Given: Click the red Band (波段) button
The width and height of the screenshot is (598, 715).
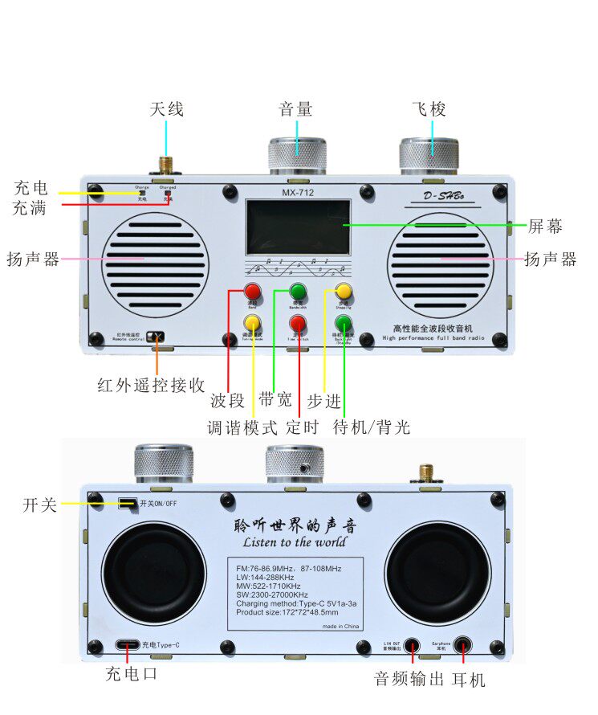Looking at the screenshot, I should coord(253,291).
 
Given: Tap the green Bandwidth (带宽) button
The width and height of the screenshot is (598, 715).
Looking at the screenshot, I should coord(298,291).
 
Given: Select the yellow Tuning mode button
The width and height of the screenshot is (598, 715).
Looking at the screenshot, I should coord(253,324).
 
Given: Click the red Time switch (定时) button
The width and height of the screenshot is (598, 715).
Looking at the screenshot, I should coord(298,324).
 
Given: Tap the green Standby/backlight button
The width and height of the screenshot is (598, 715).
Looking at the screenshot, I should coord(344,324).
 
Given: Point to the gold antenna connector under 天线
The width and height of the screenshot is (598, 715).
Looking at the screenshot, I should coord(167,166).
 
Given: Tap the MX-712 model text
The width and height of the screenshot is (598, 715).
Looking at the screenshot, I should coord(298,193).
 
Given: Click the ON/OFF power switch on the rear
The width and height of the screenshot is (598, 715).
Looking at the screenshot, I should coord(126,504).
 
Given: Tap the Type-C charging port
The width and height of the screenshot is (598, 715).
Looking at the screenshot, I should coord(126,644).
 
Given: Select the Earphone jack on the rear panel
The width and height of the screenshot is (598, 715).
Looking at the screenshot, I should coord(462,645).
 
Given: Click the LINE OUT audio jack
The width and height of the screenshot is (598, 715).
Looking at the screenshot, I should coord(412,645).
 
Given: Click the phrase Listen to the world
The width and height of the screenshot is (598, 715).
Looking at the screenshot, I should coord(295,542).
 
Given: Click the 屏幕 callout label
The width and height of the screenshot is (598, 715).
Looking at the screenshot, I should coord(545,226).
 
